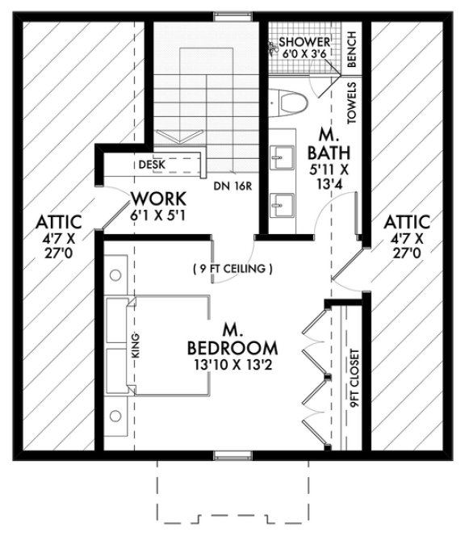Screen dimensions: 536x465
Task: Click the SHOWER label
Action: click(x=305, y=41)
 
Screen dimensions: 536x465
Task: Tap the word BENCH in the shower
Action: click(x=351, y=50)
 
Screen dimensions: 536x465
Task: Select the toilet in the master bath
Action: click(x=290, y=102)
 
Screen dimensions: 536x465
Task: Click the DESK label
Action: click(x=151, y=164)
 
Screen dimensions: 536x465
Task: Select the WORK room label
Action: click(x=158, y=199)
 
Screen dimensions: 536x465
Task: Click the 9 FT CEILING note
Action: click(x=232, y=268)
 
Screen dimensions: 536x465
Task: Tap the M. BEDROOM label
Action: click(x=232, y=340)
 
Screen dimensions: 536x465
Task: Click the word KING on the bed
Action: click(x=136, y=347)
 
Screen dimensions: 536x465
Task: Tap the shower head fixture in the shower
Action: click(x=270, y=48)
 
